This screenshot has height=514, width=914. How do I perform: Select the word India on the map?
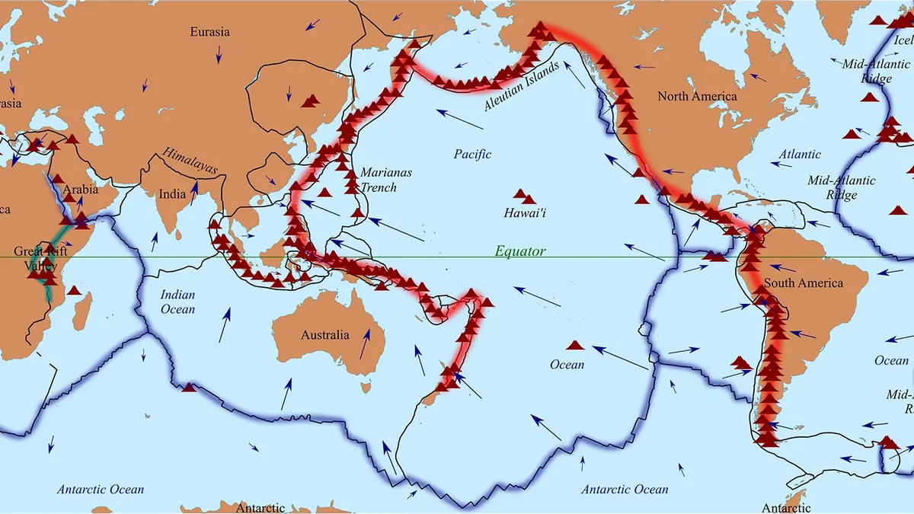click(x=171, y=194)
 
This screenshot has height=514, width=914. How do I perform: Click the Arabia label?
click(x=81, y=190)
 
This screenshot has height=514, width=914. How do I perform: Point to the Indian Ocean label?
click(x=177, y=302)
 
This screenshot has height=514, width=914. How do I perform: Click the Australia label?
click(x=325, y=335)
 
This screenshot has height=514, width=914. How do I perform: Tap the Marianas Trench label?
click(x=385, y=180)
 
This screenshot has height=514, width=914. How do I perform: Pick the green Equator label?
click(x=520, y=251)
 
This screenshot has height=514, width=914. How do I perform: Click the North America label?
click(x=697, y=97)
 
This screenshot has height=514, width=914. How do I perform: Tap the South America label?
click(x=804, y=283)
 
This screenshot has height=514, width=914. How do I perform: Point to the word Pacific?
click(x=472, y=155)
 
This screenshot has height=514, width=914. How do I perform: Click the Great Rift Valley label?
click(x=40, y=258)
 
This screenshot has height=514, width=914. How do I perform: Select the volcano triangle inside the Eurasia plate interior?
click(x=311, y=101)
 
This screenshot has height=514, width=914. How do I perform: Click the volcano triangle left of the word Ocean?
click(x=575, y=345)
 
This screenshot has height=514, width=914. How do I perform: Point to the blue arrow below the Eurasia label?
click(x=219, y=53)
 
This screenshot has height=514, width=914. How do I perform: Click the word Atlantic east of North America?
click(x=800, y=155)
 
